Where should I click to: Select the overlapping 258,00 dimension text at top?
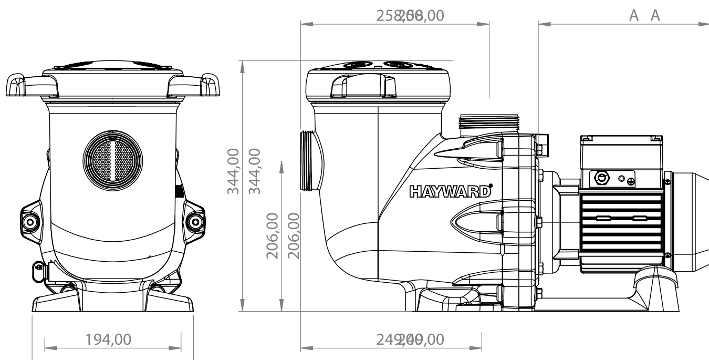point(410,16)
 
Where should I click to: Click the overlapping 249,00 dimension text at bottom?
point(410,340)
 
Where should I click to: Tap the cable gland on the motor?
point(600,178)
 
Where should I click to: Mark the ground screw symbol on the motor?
point(630,181)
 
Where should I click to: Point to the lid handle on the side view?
point(362,84)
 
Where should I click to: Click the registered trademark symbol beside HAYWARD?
point(491,185)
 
